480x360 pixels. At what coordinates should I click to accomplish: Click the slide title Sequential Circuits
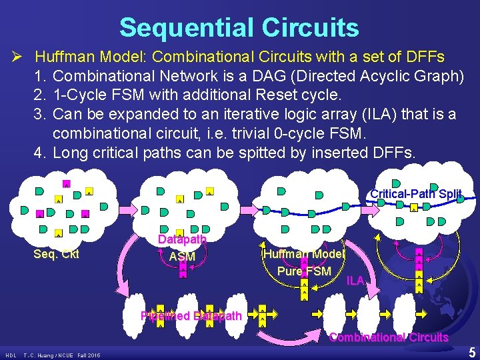click(x=239, y=28)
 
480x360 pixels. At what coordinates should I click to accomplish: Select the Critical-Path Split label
click(x=415, y=194)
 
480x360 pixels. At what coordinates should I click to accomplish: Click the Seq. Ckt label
click(x=56, y=253)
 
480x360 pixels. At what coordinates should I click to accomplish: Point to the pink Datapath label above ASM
click(x=182, y=239)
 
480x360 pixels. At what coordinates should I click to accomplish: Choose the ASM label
click(x=182, y=257)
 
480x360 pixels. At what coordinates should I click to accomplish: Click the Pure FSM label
click(x=304, y=271)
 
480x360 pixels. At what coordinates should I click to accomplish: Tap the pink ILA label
click(x=355, y=281)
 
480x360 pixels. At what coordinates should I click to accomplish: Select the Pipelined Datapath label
click(x=191, y=316)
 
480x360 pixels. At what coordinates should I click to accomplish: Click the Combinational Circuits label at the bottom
click(x=389, y=337)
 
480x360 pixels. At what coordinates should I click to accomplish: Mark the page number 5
click(x=471, y=352)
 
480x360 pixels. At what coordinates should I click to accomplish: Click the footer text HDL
click(x=11, y=355)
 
